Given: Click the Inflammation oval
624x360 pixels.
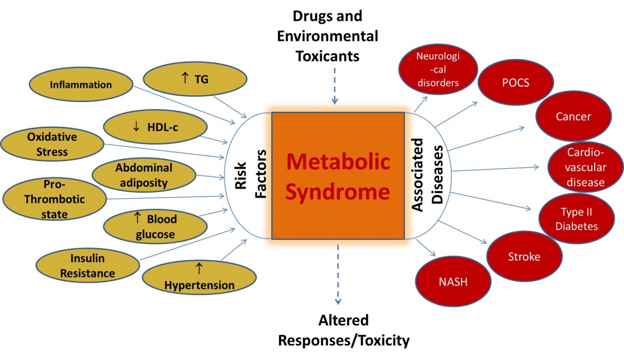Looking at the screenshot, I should [x=80, y=85].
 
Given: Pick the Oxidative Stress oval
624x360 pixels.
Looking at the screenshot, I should [x=52, y=144].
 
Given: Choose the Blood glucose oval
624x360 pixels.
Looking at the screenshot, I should [x=155, y=227].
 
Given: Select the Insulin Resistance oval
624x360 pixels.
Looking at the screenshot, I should [x=87, y=265].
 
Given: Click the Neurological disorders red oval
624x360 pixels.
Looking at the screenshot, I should [x=437, y=69].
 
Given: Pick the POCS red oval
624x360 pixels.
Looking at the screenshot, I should [x=515, y=83].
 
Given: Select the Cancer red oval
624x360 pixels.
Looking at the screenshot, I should [x=573, y=117].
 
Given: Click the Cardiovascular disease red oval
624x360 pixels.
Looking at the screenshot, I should [x=586, y=167].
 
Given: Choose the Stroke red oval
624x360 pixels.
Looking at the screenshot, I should [x=524, y=257].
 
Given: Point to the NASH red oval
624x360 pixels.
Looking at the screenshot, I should [x=453, y=281].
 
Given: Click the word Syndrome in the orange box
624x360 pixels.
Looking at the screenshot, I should [x=337, y=192].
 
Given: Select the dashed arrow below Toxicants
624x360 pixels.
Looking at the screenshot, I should [x=335, y=85].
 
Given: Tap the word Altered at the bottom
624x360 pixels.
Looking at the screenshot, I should [x=343, y=320].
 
